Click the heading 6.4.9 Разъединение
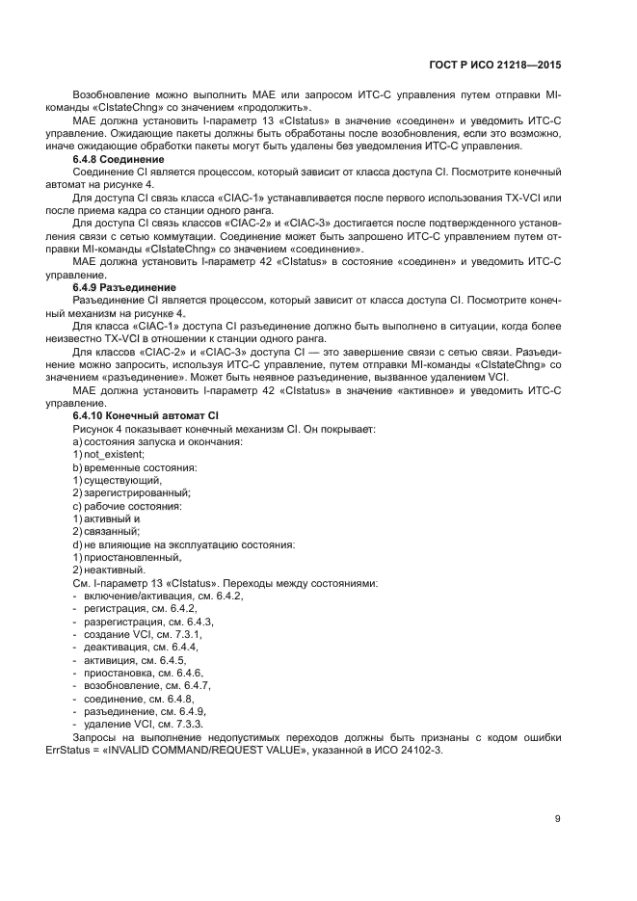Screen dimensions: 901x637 click(124, 287)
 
